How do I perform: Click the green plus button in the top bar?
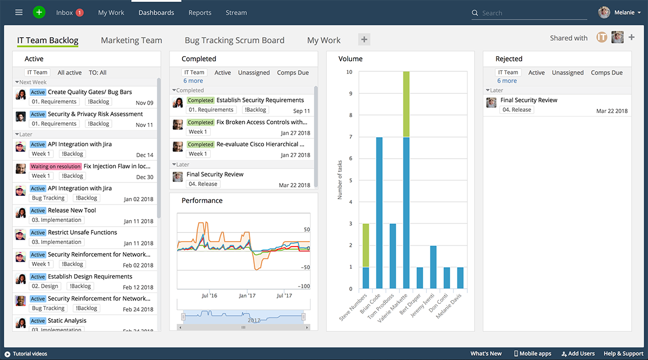click(39, 12)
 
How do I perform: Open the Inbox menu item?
click(65, 12)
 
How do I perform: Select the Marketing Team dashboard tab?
click(131, 40)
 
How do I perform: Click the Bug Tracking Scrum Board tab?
click(234, 40)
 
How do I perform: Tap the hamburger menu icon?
click(19, 12)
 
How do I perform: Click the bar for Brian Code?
click(379, 213)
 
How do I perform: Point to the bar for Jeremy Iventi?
click(433, 267)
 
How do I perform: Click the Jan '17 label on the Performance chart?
click(247, 295)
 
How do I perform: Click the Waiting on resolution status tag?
click(56, 166)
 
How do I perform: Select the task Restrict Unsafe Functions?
click(82, 232)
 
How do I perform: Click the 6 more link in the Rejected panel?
click(507, 81)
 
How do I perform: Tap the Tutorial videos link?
click(29, 354)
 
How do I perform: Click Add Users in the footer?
click(578, 354)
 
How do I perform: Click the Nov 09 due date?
click(144, 103)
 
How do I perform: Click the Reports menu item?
click(200, 12)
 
